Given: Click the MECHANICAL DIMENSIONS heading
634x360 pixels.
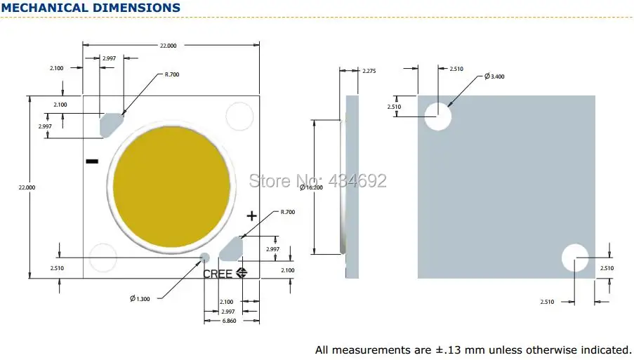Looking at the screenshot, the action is point(91,8).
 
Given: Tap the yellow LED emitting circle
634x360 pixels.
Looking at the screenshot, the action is point(171,187).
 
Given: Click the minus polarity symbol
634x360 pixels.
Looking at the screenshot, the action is point(92,161).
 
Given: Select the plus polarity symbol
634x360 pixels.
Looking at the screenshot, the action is point(251,216).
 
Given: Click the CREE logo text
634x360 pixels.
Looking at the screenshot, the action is point(218,274).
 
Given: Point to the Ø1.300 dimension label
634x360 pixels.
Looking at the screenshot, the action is point(140,298).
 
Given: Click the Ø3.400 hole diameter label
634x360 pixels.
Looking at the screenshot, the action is point(494,76).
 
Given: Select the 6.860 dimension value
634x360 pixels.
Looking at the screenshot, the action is point(229,321).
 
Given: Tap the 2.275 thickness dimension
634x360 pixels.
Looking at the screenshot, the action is point(369,71).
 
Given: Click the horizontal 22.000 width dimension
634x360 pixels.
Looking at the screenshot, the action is point(169,46).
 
